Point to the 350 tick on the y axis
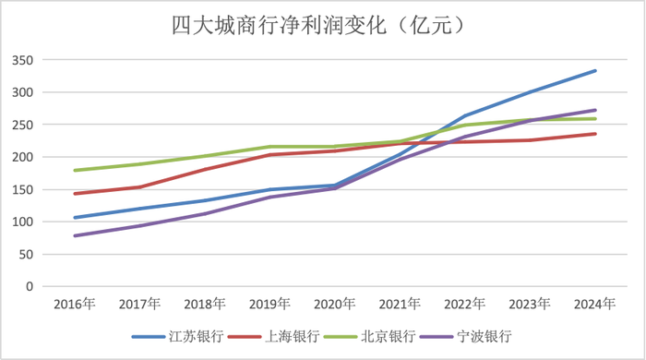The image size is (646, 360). point(22,60)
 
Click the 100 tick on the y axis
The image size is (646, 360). point(22,222)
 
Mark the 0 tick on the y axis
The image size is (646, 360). point(29,286)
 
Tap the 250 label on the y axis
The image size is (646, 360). point(22,125)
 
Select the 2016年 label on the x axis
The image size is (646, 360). point(75,304)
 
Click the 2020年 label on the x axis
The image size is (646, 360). point(335,304)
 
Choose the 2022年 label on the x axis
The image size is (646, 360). point(465,304)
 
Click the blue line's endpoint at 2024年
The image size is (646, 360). point(595,71)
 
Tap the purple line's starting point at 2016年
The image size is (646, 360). point(75,235)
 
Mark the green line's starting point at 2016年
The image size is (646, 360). point(75,171)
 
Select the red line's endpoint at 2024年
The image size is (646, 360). point(595,134)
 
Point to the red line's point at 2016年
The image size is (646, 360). point(75,194)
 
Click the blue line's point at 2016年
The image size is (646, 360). point(75,218)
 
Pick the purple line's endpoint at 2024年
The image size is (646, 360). point(595,110)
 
